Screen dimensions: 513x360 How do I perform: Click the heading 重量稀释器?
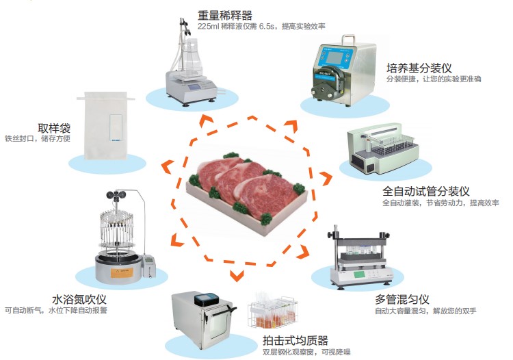click(225, 15)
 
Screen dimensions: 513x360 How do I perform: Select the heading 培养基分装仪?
click(419, 68)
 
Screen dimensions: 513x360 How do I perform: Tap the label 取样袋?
click(54, 128)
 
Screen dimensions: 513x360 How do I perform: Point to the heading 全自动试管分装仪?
click(426, 191)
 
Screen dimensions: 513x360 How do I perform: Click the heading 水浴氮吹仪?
click(79, 299)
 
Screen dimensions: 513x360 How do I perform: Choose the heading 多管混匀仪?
click(402, 299)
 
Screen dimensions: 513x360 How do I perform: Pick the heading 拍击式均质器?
click(295, 341)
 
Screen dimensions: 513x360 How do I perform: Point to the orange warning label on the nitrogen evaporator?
click(122, 272)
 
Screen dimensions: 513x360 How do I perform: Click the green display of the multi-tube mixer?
click(359, 274)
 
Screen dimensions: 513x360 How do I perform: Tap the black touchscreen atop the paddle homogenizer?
click(207, 300)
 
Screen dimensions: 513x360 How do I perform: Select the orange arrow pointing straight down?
click(237, 276)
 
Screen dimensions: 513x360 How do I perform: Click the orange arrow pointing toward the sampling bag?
click(168, 167)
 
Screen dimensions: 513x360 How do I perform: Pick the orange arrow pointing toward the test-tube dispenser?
click(326, 179)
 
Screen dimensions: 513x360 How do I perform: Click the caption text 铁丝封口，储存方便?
click(38, 138)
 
